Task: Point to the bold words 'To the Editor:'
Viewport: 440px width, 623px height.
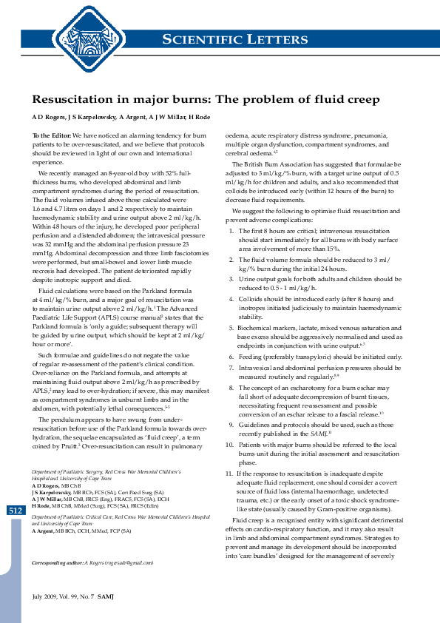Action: click(x=52, y=136)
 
